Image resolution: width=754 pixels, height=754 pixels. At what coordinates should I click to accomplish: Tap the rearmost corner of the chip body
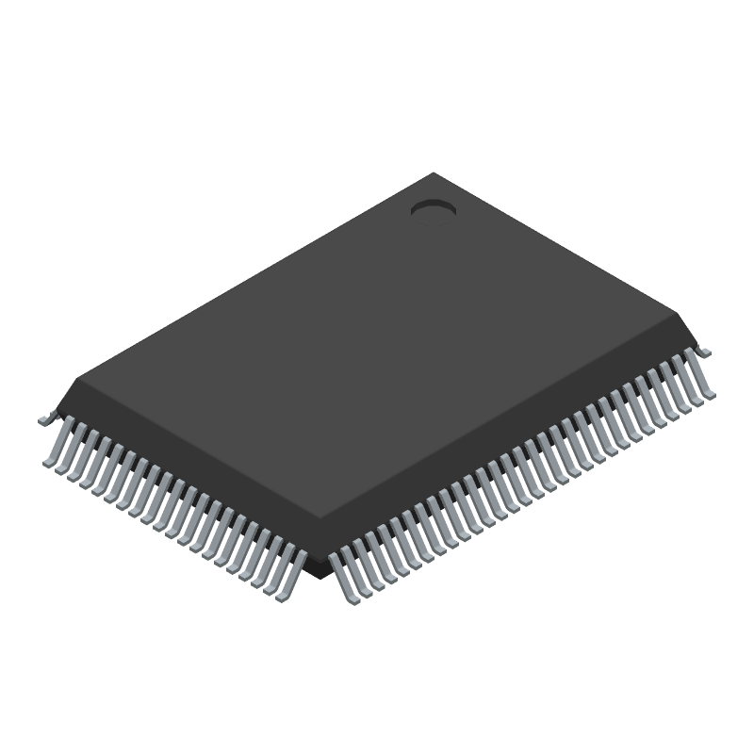(434, 173)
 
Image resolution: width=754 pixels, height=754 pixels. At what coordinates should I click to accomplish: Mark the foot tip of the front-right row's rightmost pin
(706, 395)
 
